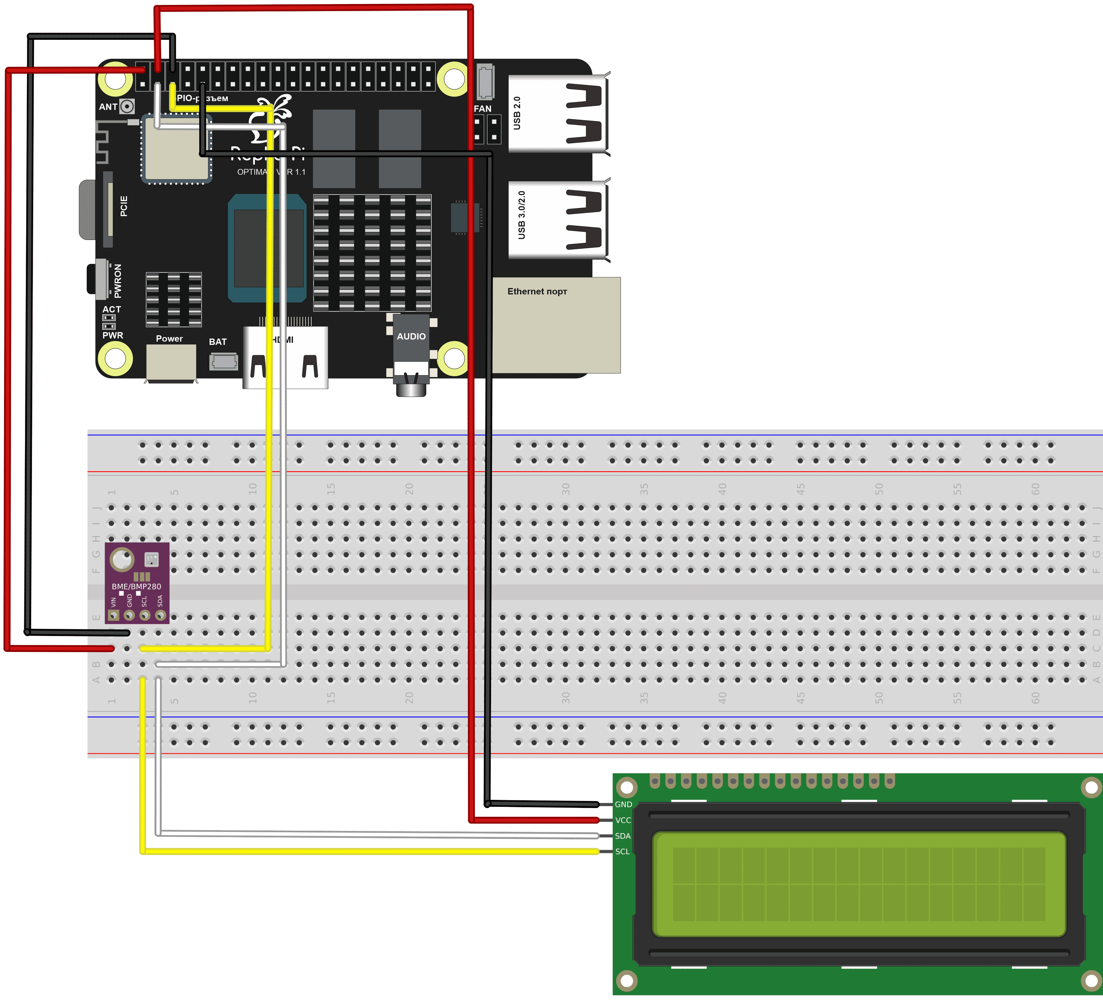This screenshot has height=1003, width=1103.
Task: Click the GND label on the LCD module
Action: pyautogui.click(x=623, y=804)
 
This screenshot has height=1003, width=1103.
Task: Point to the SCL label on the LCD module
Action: pyautogui.click(x=622, y=851)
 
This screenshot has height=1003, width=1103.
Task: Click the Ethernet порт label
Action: pyautogui.click(x=537, y=292)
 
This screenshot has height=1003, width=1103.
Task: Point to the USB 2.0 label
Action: pyautogui.click(x=517, y=113)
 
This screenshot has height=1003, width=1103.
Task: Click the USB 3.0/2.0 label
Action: pyautogui.click(x=522, y=215)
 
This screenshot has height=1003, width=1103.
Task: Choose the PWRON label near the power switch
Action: pyautogui.click(x=117, y=281)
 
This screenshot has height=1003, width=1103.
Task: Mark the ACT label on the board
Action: pyautogui.click(x=112, y=309)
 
